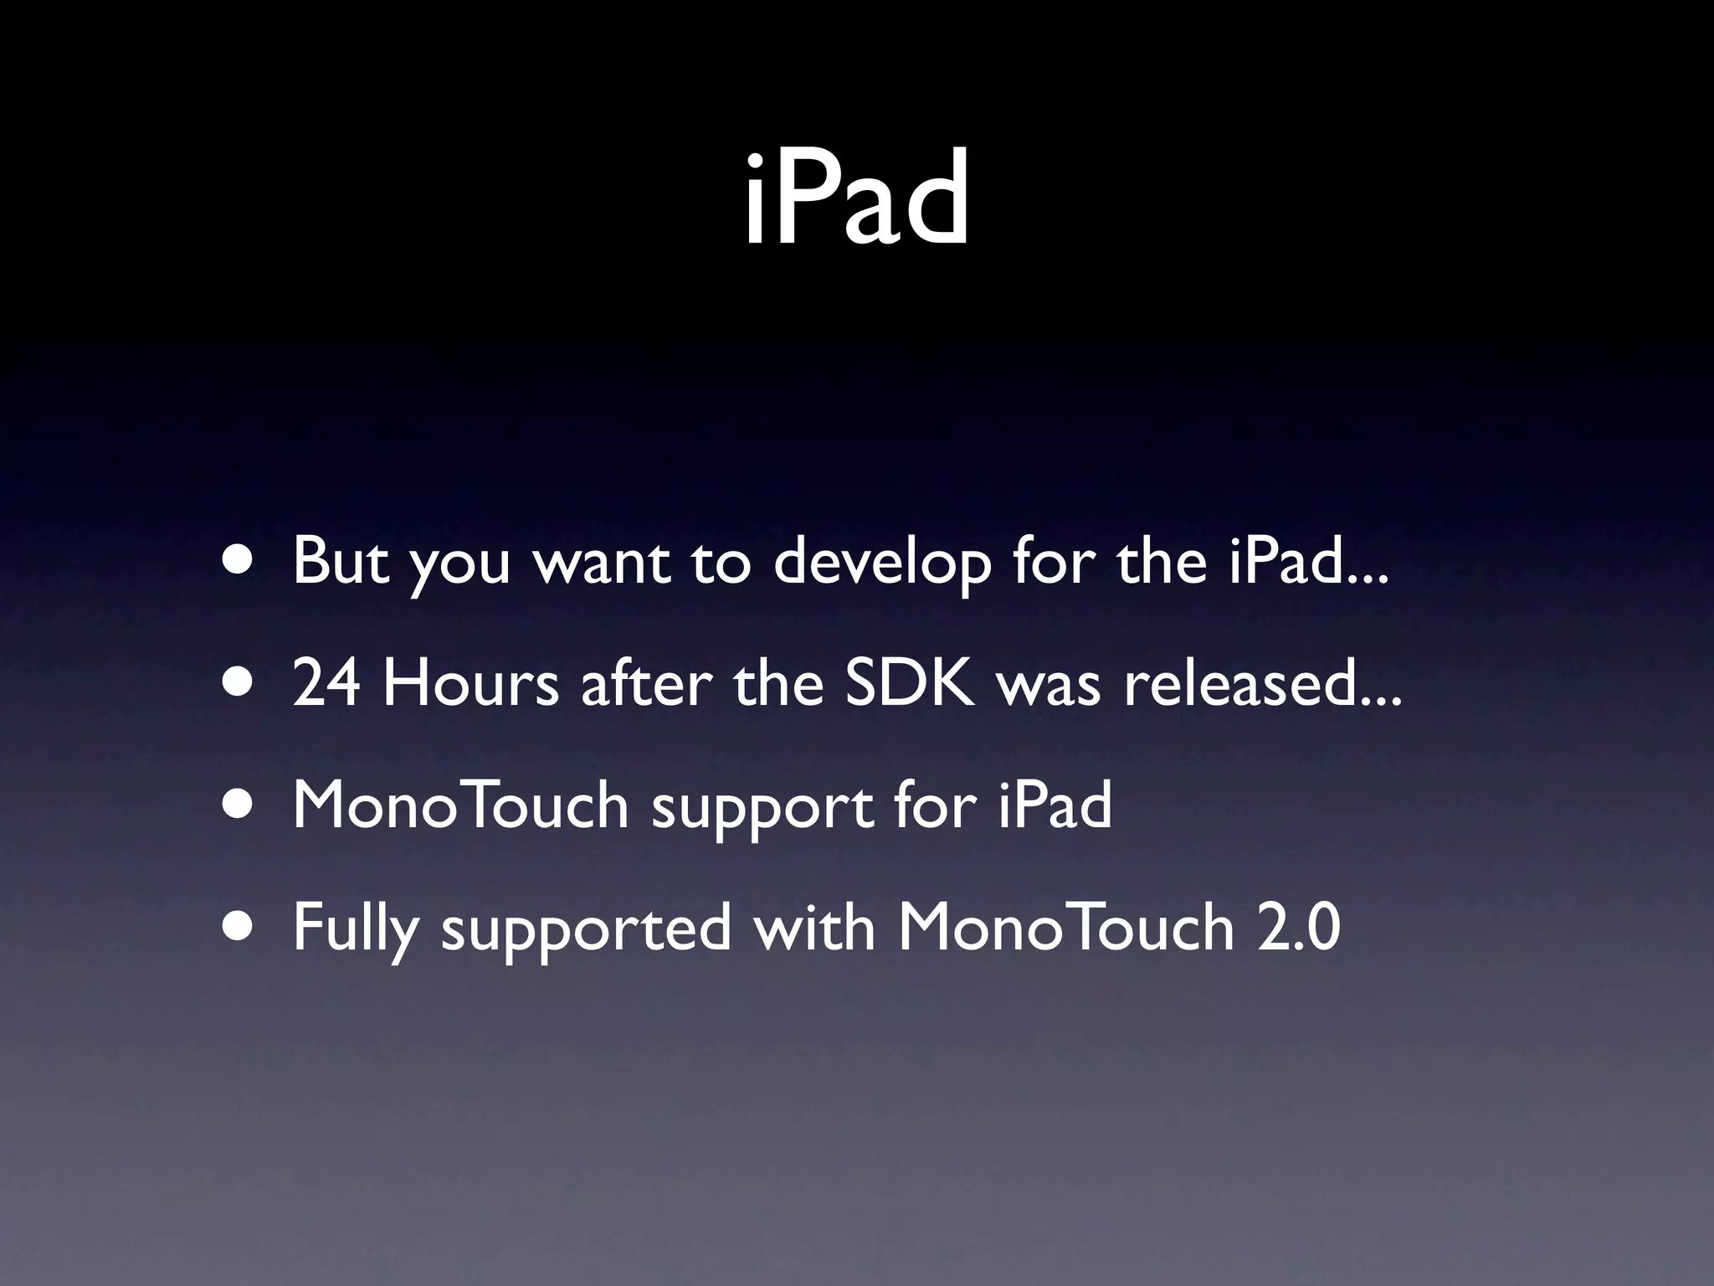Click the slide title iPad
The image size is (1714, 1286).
tap(856, 200)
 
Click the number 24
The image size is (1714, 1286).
tap(327, 683)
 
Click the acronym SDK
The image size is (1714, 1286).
tap(910, 683)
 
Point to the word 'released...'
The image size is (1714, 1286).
tap(1261, 683)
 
